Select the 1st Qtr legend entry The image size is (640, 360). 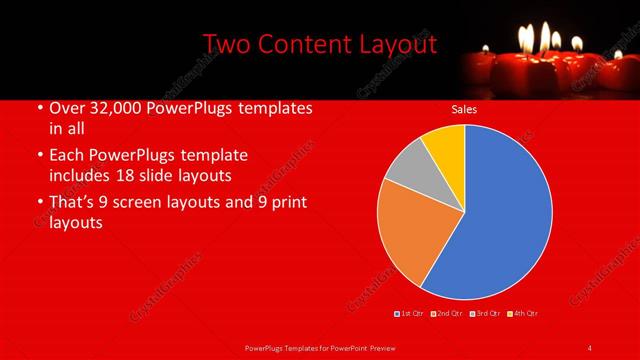point(409,313)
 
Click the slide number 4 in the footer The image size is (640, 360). point(589,347)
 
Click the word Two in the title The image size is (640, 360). point(226,45)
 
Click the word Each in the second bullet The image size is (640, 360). point(67,155)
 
